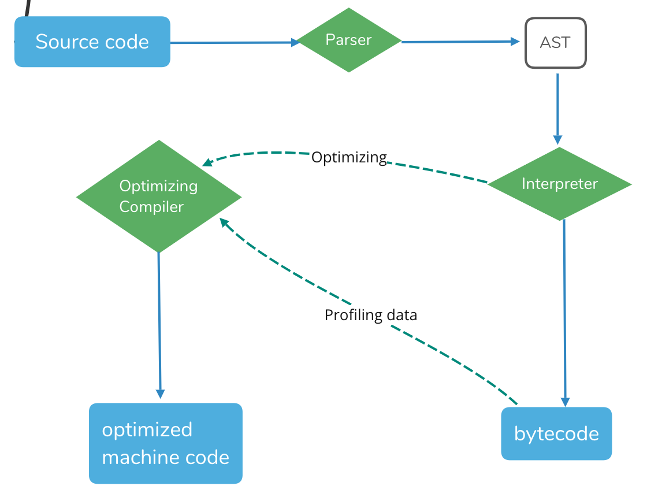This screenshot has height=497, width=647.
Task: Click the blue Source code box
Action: coord(92,42)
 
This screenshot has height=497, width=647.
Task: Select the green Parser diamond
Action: coord(348,40)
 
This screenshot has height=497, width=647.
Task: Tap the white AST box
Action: coord(555,43)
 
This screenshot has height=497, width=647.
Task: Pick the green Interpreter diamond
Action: coord(559,184)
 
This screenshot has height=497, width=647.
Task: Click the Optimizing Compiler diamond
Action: coord(158,196)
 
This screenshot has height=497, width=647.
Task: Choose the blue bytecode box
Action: coord(556,433)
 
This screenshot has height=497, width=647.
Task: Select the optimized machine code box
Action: coord(165,443)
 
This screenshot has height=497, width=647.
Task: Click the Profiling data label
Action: coord(370,315)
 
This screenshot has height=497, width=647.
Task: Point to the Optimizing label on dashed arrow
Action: coord(349,157)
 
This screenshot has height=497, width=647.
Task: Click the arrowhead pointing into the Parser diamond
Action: coord(295,42)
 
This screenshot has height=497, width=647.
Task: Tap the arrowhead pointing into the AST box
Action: coord(515,41)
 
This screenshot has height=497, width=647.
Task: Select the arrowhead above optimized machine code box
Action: coord(160,394)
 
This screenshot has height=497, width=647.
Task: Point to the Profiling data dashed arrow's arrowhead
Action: coord(224,222)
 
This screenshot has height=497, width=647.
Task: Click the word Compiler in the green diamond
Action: coord(151,207)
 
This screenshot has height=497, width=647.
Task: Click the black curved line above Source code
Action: coord(27,8)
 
